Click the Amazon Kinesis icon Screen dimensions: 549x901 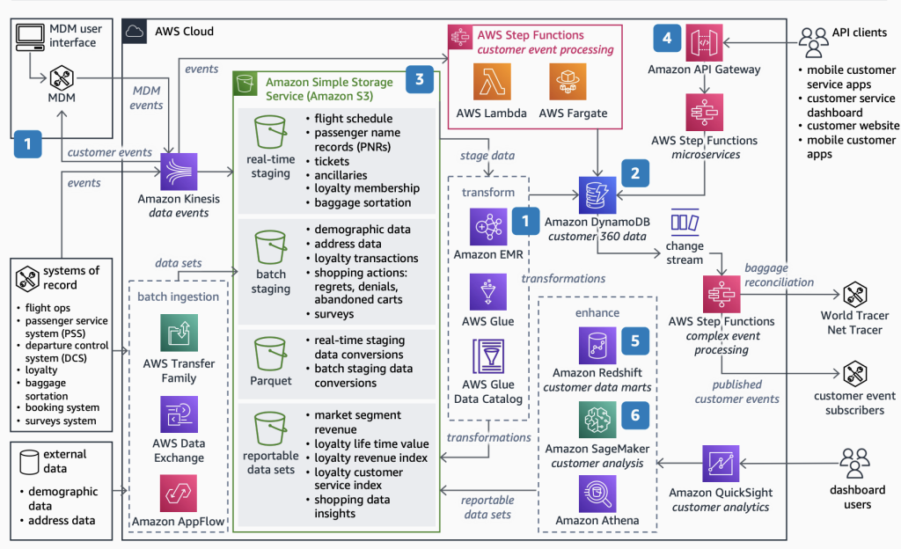[179, 172]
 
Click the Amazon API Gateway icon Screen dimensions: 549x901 [704, 42]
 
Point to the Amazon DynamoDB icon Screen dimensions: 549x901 [597, 195]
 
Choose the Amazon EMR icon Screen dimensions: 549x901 [487, 226]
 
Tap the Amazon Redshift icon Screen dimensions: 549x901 [597, 345]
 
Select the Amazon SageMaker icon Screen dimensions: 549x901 [597, 420]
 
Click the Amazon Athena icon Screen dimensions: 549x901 [597, 493]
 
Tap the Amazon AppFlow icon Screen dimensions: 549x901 [179, 493]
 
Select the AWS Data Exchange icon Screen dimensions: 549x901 [179, 414]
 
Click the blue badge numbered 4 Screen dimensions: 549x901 [667, 38]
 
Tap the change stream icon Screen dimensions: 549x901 [685, 221]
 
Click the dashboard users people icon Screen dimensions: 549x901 [854, 462]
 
